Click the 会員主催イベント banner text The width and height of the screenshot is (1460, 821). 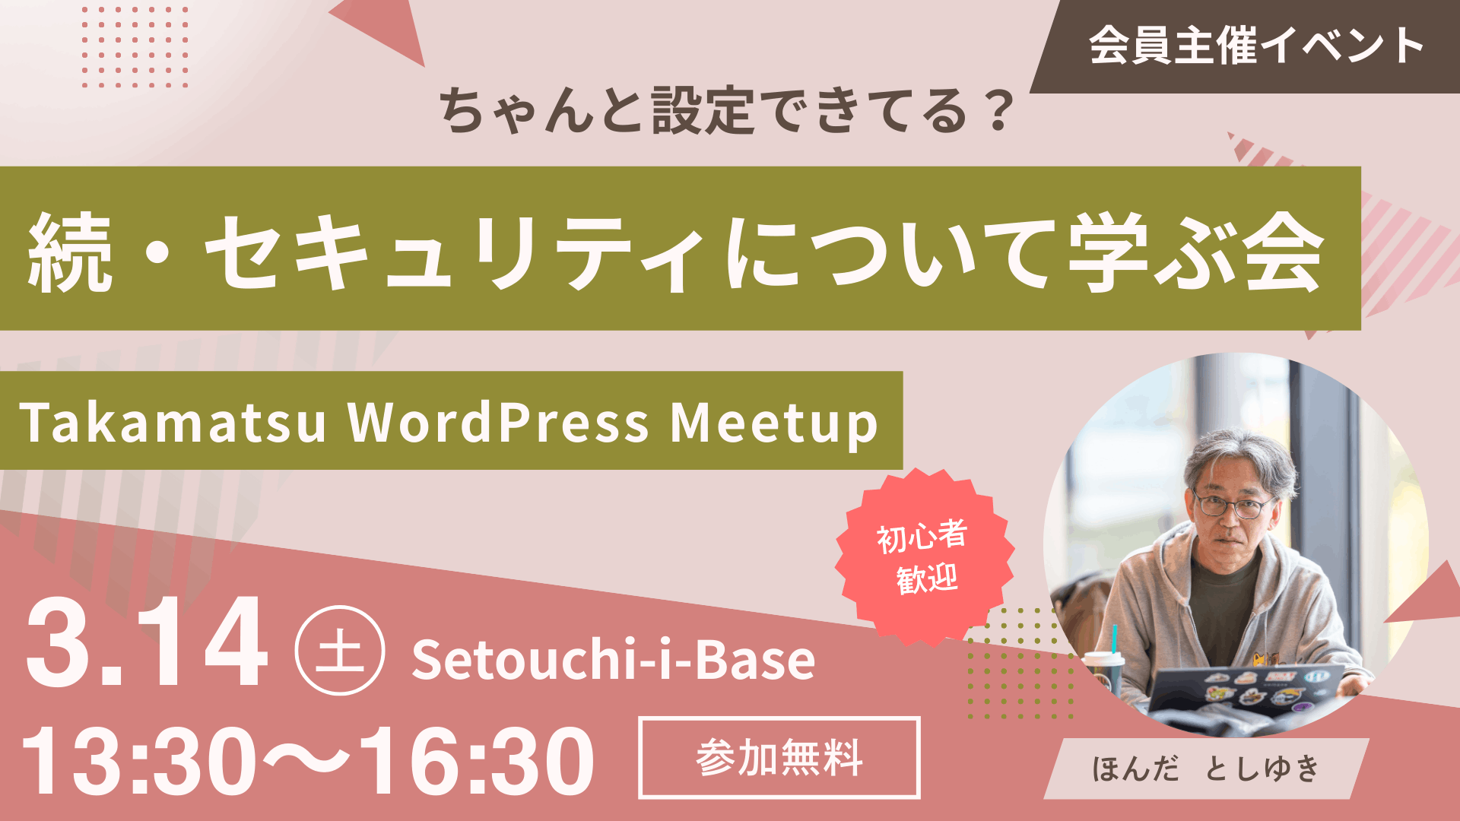click(x=1256, y=46)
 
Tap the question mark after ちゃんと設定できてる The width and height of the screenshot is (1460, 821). click(x=995, y=111)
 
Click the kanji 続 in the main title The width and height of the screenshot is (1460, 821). click(x=70, y=252)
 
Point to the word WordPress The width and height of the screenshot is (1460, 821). click(x=498, y=422)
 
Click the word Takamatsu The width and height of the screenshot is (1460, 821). click(x=173, y=422)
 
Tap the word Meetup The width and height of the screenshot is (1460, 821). click(x=774, y=423)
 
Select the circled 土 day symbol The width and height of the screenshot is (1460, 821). click(x=340, y=650)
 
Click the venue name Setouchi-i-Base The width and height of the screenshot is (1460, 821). click(x=614, y=659)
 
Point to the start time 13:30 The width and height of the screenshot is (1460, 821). click(x=139, y=760)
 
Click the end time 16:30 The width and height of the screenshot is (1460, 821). click(x=478, y=760)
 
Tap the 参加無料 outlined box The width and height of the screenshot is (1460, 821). click(x=779, y=757)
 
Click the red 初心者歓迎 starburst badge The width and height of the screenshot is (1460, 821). click(x=924, y=557)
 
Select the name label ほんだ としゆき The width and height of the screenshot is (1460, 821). click(x=1206, y=769)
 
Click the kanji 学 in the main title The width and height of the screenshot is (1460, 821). click(x=1108, y=252)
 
